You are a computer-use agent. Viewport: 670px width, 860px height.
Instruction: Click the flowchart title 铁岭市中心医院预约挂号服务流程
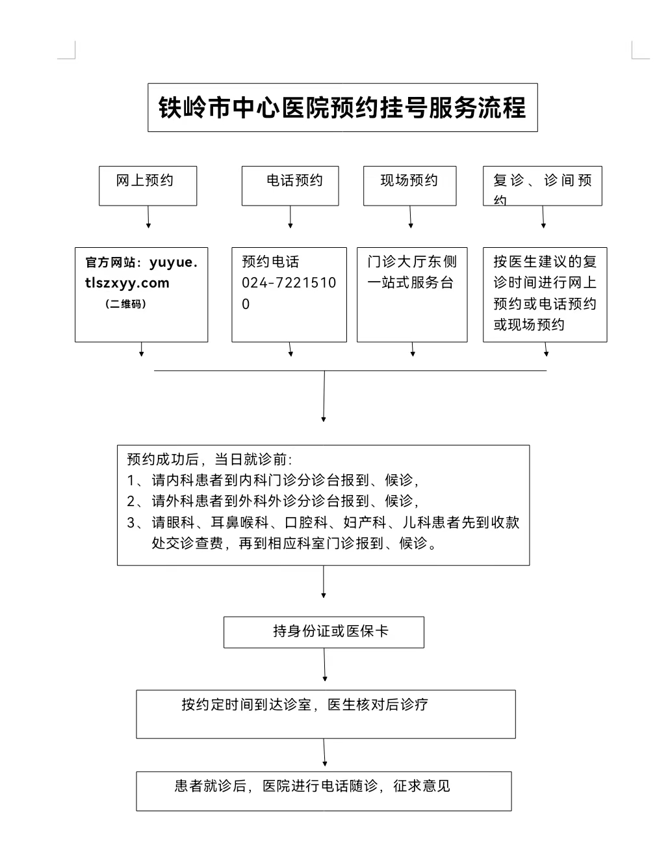click(342, 107)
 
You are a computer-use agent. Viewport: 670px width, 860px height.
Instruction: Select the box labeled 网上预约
click(148, 185)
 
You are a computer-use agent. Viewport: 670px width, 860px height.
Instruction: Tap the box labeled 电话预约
click(290, 185)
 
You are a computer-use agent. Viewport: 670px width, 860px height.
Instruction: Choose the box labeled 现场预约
click(409, 185)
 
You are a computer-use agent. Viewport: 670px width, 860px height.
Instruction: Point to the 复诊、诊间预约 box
click(543, 185)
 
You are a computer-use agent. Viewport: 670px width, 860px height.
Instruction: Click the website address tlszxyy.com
click(127, 283)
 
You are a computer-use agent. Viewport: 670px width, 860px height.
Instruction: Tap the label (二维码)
click(125, 304)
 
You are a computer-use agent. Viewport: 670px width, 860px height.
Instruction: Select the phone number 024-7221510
click(289, 282)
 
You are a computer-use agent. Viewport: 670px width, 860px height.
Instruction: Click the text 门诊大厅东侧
click(412, 262)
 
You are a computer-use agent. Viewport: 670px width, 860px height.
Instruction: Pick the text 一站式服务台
click(410, 282)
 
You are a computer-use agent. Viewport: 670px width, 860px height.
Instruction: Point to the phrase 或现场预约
click(529, 325)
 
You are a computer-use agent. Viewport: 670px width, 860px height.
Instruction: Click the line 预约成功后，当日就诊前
click(209, 459)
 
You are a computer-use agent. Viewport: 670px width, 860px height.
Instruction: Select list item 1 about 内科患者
click(273, 481)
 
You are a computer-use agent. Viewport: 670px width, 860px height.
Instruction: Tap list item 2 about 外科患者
click(273, 502)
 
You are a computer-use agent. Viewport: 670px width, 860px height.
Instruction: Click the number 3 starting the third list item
click(131, 523)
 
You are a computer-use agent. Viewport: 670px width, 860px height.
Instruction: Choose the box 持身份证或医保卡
click(324, 632)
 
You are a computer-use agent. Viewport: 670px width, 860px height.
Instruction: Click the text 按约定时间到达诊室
click(246, 705)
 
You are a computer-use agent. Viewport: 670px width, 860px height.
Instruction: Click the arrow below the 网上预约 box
click(148, 217)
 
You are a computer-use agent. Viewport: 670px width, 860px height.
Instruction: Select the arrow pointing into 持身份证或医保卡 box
click(324, 582)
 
